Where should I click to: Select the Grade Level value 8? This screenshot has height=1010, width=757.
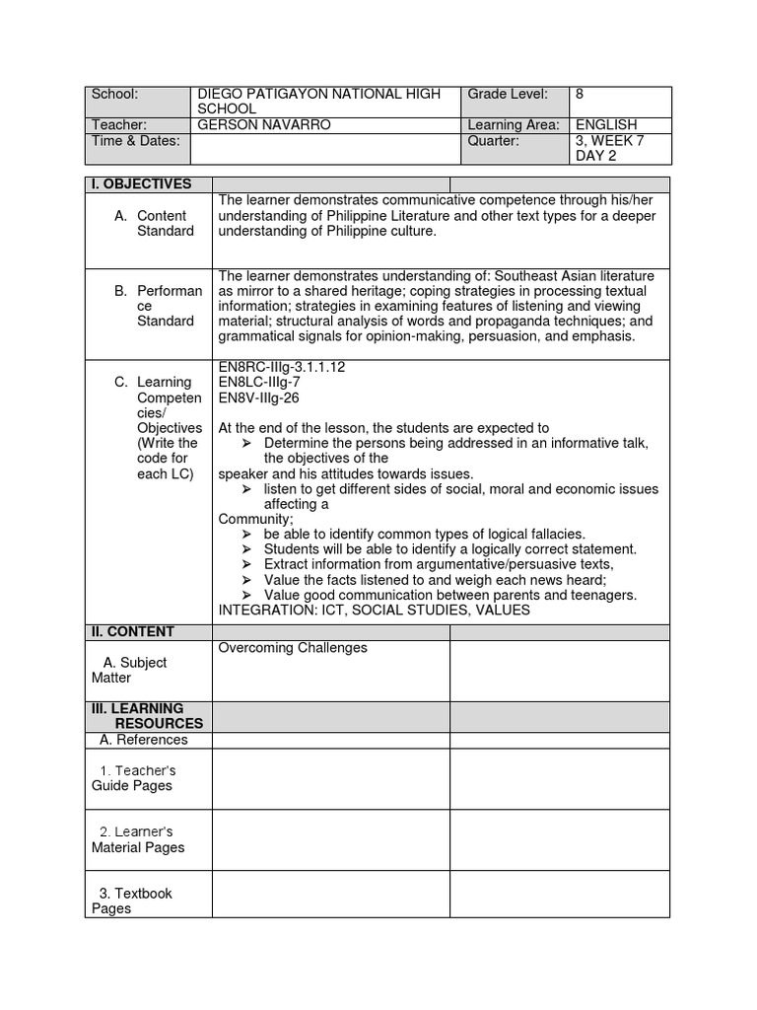(580, 95)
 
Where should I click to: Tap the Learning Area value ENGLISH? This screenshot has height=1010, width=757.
(605, 125)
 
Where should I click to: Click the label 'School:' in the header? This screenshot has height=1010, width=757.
(114, 95)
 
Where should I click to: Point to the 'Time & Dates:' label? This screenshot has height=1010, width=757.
(135, 141)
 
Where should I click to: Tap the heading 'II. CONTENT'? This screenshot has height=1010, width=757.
(133, 631)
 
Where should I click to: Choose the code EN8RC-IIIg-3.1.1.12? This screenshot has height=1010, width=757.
(282, 367)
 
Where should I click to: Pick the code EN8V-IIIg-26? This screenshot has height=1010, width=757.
(258, 397)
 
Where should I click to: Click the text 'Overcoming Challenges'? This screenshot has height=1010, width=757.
(293, 648)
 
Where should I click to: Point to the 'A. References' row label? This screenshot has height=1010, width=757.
(144, 740)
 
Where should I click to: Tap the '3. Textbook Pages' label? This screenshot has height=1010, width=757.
(132, 901)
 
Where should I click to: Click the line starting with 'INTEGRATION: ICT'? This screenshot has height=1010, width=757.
(374, 611)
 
